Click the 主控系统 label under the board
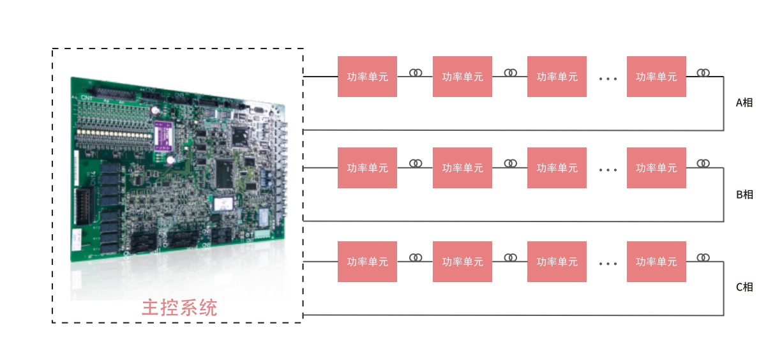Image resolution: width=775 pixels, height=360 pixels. pyautogui.click(x=179, y=308)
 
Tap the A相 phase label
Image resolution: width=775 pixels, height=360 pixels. pyautogui.click(x=744, y=102)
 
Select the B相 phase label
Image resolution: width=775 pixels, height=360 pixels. pyautogui.click(x=744, y=194)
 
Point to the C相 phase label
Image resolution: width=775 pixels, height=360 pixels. pyautogui.click(x=744, y=287)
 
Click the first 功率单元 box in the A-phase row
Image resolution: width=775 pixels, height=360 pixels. pyautogui.click(x=367, y=77)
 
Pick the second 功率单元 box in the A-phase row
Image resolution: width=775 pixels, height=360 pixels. pyautogui.click(x=462, y=77)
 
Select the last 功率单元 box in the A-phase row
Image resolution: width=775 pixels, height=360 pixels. pyautogui.click(x=656, y=77)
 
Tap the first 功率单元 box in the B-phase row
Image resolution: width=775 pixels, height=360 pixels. pyautogui.click(x=367, y=168)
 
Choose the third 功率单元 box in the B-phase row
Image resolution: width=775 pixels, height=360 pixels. pyautogui.click(x=557, y=168)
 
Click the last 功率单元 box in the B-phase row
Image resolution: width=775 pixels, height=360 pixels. pyautogui.click(x=656, y=168)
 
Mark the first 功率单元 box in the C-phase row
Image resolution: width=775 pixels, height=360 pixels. pyautogui.click(x=367, y=262)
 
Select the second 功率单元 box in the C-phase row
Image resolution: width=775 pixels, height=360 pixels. pyautogui.click(x=462, y=262)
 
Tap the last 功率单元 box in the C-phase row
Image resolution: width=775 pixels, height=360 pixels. pyautogui.click(x=656, y=262)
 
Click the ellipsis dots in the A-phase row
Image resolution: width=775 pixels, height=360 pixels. pyautogui.click(x=608, y=79)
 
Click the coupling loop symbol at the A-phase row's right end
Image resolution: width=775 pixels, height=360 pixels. pyautogui.click(x=703, y=73)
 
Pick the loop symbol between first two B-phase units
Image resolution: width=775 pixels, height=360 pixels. pyautogui.click(x=416, y=163)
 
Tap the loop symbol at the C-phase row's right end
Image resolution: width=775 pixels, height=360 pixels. pyautogui.click(x=703, y=257)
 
